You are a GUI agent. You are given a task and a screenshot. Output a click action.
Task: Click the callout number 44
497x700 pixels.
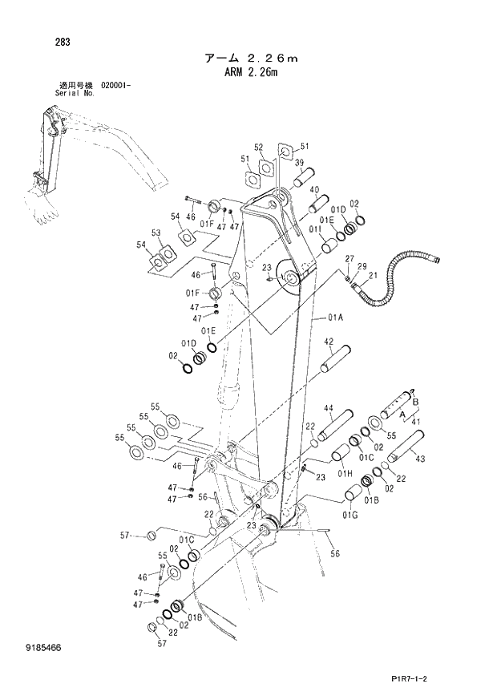pos(328,409)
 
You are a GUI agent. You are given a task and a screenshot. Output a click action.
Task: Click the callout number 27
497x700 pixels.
pos(350,258)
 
